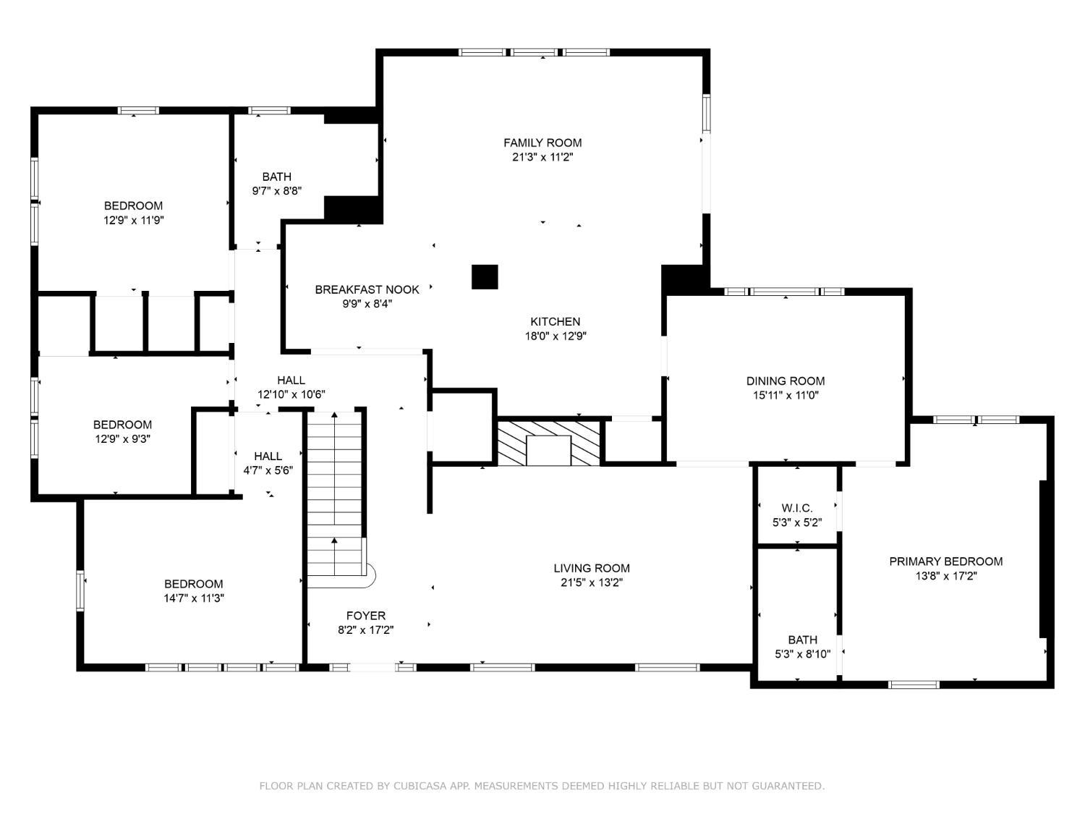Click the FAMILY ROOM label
[542, 143]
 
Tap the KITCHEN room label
[555, 321]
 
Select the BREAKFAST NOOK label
[367, 289]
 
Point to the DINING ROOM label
[785, 381]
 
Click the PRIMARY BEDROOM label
[945, 561]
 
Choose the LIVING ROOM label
[591, 569]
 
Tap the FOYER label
[366, 616]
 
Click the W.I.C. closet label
[797, 508]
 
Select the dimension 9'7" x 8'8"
[277, 191]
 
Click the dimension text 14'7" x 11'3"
[194, 598]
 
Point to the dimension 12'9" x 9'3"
[122, 439]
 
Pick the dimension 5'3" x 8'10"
[802, 654]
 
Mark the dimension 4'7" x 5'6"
[268, 470]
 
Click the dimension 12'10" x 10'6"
[292, 394]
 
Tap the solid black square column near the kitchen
[485, 277]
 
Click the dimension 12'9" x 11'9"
[134, 221]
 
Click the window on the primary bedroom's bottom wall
[914, 684]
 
